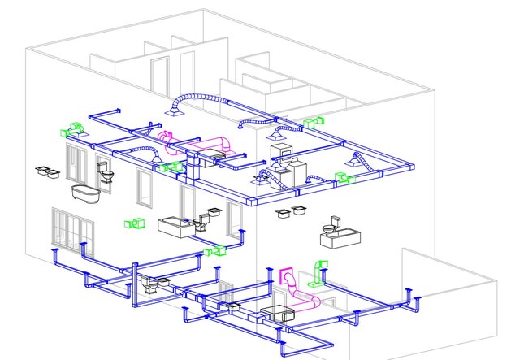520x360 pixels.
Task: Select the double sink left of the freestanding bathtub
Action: pyautogui.click(x=47, y=171)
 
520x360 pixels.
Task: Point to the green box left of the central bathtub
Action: pyautogui.click(x=132, y=223)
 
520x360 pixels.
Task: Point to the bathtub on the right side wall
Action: pyautogui.click(x=340, y=237)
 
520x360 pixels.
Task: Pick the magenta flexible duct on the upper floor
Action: pyautogui.click(x=175, y=144)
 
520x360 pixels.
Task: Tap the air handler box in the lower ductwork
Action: pyautogui.click(x=277, y=313)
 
